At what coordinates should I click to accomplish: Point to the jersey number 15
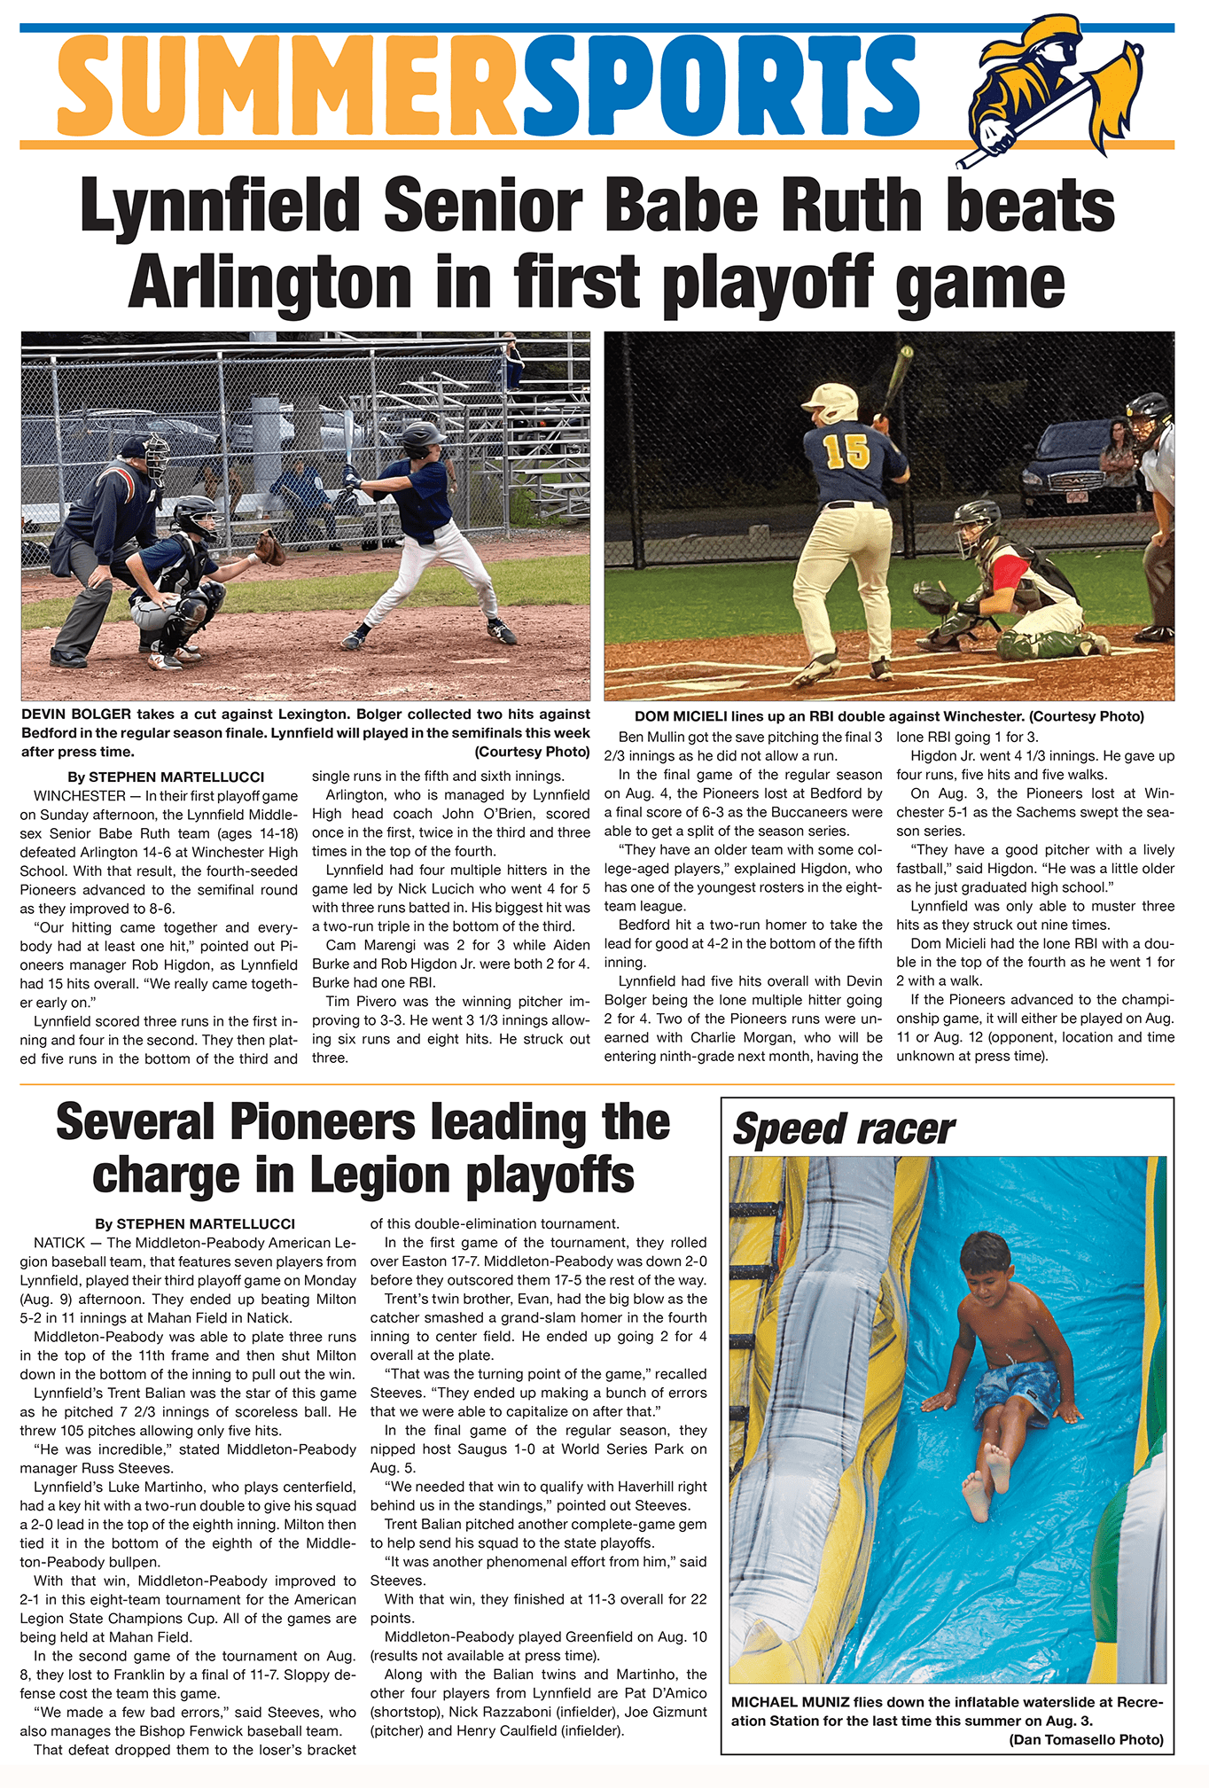pyautogui.click(x=846, y=451)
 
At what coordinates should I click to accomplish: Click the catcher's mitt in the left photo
pyautogui.click(x=271, y=547)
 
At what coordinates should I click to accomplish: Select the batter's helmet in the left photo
pyautogui.click(x=422, y=436)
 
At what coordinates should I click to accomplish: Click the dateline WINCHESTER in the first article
pyautogui.click(x=80, y=796)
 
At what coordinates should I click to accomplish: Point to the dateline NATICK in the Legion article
pyautogui.click(x=59, y=1243)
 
